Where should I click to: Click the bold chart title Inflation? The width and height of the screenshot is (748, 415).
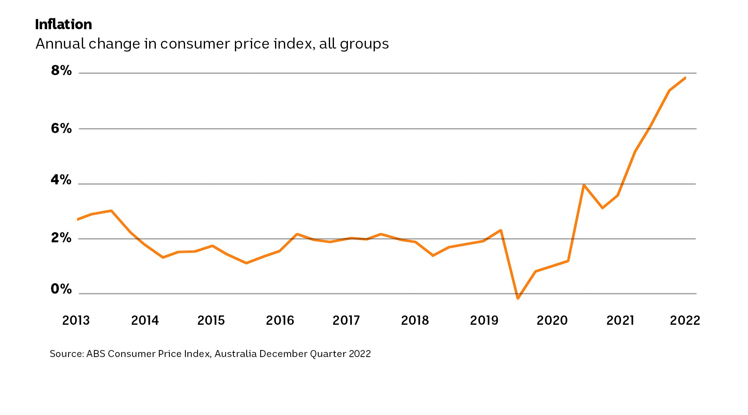pyautogui.click(x=64, y=25)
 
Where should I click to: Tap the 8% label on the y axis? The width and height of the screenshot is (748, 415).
pyautogui.click(x=61, y=70)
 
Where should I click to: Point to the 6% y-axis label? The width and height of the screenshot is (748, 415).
pyautogui.click(x=61, y=128)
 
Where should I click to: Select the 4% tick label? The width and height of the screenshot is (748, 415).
pyautogui.click(x=61, y=180)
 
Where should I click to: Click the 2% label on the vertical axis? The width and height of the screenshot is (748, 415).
pyautogui.click(x=61, y=238)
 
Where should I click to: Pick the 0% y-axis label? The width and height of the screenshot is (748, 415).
pyautogui.click(x=61, y=289)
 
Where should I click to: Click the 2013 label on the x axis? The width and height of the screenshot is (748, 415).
pyautogui.click(x=76, y=320)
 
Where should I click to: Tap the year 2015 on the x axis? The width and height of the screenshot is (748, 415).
pyautogui.click(x=211, y=320)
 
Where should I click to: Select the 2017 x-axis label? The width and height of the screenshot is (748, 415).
pyautogui.click(x=346, y=320)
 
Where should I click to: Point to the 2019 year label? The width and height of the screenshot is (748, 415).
pyautogui.click(x=484, y=320)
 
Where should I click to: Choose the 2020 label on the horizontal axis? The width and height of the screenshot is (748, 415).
pyautogui.click(x=552, y=320)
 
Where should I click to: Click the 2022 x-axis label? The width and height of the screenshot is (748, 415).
pyautogui.click(x=685, y=320)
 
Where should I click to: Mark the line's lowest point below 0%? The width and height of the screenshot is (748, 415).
pyautogui.click(x=518, y=298)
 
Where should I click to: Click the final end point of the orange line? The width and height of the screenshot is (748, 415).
pyautogui.click(x=685, y=78)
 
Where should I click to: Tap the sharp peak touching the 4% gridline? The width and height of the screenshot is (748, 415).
pyautogui.click(x=583, y=185)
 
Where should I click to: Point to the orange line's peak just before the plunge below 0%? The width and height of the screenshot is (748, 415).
pyautogui.click(x=501, y=230)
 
